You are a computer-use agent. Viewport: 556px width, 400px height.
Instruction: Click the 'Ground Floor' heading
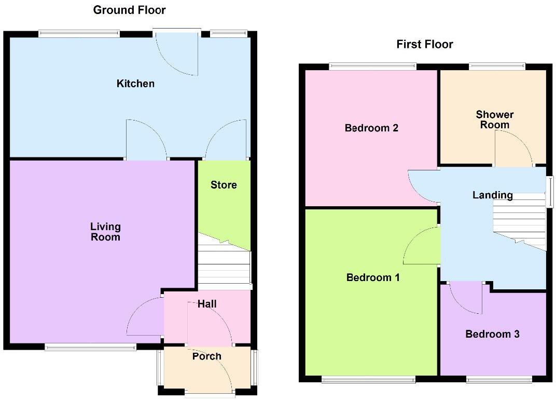point(129,10)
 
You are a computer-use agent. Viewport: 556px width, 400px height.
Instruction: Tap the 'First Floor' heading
point(424,44)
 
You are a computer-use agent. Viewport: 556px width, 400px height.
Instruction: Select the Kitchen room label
point(135,83)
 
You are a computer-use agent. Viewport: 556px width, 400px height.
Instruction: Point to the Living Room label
point(105,232)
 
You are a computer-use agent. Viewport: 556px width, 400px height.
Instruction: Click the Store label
point(224,185)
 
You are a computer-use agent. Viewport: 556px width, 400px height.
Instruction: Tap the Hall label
point(207,304)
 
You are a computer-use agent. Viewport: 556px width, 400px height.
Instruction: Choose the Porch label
point(206,356)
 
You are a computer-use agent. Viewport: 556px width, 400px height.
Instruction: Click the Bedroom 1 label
point(372,277)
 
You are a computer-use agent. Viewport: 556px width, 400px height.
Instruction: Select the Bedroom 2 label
point(371,128)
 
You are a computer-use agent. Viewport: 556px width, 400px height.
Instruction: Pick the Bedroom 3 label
point(492,334)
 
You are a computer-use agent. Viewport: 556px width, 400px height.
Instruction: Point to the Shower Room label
point(494,119)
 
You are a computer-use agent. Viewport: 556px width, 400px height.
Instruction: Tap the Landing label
point(492,195)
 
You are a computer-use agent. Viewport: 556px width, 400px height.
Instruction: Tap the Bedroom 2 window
point(372,66)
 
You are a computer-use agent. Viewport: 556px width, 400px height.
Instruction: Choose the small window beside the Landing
point(549,191)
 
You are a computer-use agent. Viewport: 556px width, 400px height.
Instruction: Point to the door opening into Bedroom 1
point(421,246)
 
